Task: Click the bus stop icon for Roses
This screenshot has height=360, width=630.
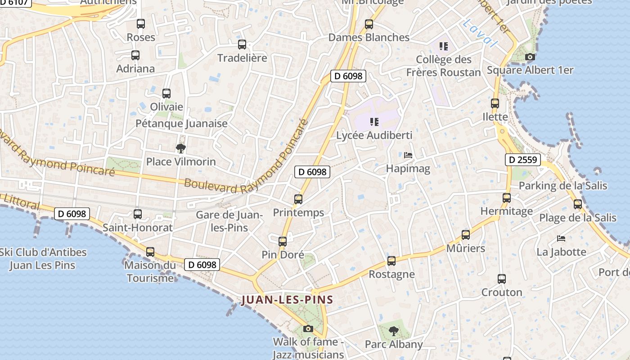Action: (x=141, y=24)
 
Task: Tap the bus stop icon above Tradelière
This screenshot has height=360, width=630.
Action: (x=242, y=45)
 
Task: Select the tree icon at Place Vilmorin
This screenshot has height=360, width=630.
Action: (x=181, y=148)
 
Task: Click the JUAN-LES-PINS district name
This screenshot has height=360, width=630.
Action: (x=287, y=300)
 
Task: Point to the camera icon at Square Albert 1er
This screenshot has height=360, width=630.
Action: (x=530, y=57)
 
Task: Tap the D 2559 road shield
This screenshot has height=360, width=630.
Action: (x=522, y=159)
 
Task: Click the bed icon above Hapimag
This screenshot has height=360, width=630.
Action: (x=408, y=155)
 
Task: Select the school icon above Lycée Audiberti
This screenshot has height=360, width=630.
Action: (x=374, y=121)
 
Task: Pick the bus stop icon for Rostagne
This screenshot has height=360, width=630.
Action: (x=391, y=261)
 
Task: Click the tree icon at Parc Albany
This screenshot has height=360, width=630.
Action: (x=394, y=331)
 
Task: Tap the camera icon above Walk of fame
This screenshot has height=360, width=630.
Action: (x=308, y=328)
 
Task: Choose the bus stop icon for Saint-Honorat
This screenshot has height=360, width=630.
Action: (x=138, y=214)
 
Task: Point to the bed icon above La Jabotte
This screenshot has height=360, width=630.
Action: (x=561, y=238)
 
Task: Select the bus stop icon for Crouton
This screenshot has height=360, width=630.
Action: (x=502, y=279)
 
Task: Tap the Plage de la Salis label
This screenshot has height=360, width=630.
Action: (x=578, y=218)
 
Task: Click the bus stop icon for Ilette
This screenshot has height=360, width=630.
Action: (x=495, y=103)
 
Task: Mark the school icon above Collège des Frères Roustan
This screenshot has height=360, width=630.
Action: (x=444, y=46)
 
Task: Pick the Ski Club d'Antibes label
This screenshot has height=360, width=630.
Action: (x=43, y=258)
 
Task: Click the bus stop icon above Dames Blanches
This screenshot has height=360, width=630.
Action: (x=369, y=24)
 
